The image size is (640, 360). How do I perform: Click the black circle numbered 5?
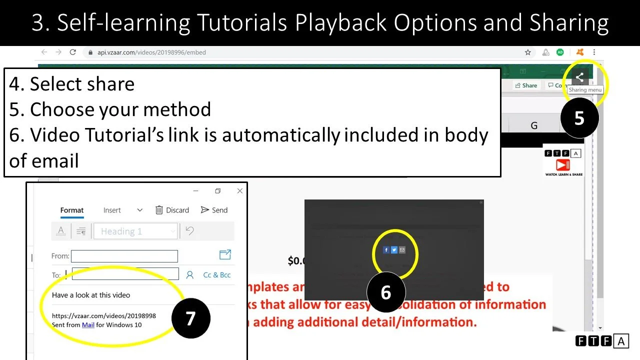click(x=579, y=118)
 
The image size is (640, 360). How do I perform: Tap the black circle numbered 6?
click(x=385, y=292)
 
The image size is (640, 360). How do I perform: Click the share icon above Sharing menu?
click(x=579, y=77)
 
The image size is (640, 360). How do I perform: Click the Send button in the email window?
click(x=214, y=210)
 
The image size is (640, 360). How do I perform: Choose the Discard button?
click(x=172, y=210)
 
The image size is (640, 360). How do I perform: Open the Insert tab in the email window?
click(x=112, y=210)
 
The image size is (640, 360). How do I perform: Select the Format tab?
click(x=72, y=210)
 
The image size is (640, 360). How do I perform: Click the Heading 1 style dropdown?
click(x=135, y=231)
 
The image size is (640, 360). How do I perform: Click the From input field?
click(x=124, y=256)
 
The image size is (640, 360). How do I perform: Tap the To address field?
click(x=125, y=274)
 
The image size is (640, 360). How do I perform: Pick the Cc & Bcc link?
click(x=216, y=274)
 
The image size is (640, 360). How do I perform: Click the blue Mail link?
click(x=88, y=324)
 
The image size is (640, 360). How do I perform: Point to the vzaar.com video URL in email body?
click(x=104, y=316)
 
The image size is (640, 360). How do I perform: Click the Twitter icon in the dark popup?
click(x=394, y=250)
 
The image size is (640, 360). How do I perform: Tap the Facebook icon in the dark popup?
click(x=386, y=250)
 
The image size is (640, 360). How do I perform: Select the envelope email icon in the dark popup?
click(x=402, y=250)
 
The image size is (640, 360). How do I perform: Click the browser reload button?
click(x=73, y=52)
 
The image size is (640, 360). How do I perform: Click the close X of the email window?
click(x=239, y=191)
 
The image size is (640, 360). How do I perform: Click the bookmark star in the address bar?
click(x=527, y=52)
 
